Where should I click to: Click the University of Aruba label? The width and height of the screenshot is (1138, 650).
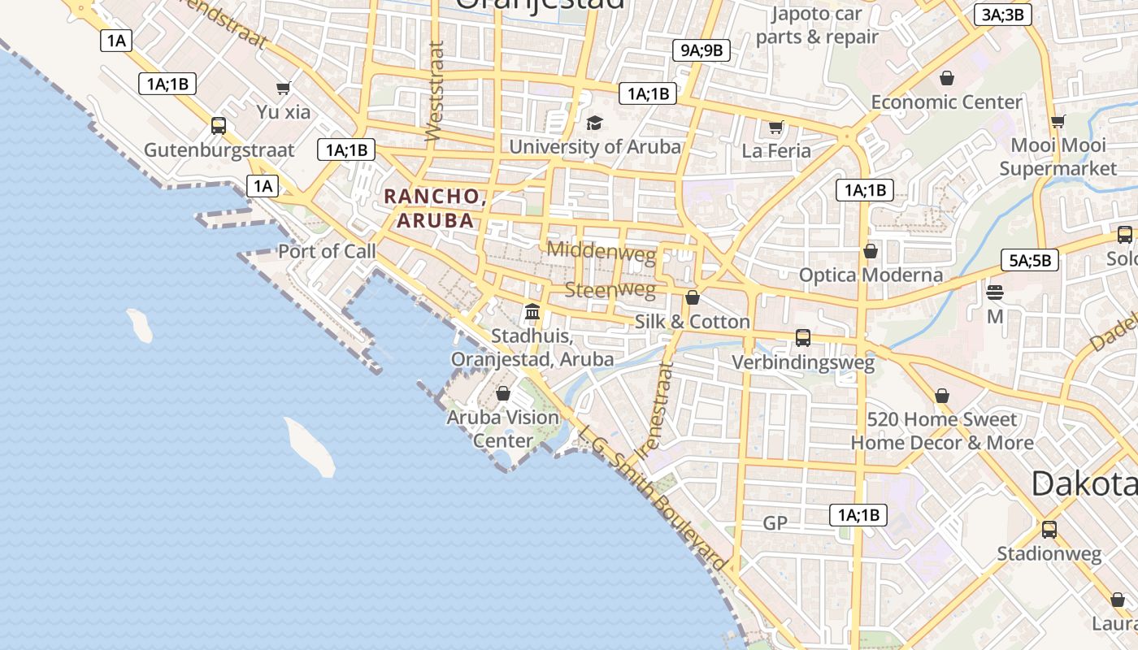pyautogui.click(x=594, y=147)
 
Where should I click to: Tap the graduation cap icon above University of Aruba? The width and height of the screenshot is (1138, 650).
pyautogui.click(x=595, y=123)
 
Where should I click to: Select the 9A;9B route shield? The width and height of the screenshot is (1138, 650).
pyautogui.click(x=701, y=50)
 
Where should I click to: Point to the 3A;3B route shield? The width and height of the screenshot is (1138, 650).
pyautogui.click(x=1002, y=15)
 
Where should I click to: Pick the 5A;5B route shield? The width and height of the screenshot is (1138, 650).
pyautogui.click(x=1029, y=261)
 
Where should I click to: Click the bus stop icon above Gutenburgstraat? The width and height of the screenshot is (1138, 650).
pyautogui.click(x=218, y=126)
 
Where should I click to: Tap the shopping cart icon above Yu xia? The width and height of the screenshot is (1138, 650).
pyautogui.click(x=283, y=88)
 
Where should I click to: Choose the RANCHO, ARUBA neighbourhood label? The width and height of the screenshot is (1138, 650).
pyautogui.click(x=434, y=208)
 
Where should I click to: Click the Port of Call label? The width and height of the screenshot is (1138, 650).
pyautogui.click(x=327, y=251)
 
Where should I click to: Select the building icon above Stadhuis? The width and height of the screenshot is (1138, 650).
pyautogui.click(x=532, y=311)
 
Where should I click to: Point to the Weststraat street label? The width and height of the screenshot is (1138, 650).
pyautogui.click(x=435, y=92)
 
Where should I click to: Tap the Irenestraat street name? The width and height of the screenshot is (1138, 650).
pyautogui.click(x=656, y=410)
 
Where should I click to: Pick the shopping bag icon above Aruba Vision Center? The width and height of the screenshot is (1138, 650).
pyautogui.click(x=503, y=393)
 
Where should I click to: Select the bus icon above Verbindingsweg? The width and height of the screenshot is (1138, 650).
pyautogui.click(x=802, y=338)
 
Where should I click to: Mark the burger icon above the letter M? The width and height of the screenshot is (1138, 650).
pyautogui.click(x=995, y=292)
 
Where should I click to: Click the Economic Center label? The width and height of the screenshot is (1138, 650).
pyautogui.click(x=946, y=102)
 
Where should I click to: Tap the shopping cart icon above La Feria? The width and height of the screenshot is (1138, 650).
pyautogui.click(x=775, y=127)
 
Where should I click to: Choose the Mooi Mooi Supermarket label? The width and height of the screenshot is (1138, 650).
pyautogui.click(x=1058, y=157)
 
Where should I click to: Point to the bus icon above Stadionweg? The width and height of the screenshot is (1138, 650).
pyautogui.click(x=1049, y=530)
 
